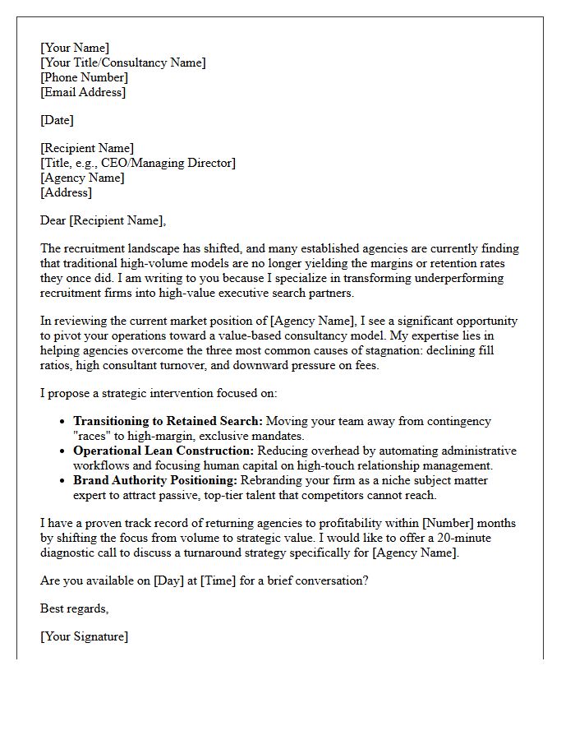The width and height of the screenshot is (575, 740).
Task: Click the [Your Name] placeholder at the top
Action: (x=75, y=48)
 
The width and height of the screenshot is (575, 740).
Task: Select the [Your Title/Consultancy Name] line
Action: (x=123, y=62)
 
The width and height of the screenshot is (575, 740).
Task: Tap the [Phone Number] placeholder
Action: (x=84, y=77)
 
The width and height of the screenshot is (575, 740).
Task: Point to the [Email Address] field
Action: (x=83, y=92)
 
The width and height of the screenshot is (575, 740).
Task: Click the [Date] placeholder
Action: (x=57, y=120)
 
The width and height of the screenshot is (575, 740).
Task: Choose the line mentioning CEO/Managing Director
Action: (x=138, y=163)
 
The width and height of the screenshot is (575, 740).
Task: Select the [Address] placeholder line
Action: (x=66, y=192)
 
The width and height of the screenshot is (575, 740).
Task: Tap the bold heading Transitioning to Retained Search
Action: (x=168, y=421)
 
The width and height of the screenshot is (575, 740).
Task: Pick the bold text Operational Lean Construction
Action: (x=164, y=451)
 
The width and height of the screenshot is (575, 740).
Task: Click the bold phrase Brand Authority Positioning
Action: (x=155, y=480)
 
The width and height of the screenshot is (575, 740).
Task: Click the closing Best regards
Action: (x=74, y=608)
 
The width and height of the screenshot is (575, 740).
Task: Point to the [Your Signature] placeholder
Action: (x=84, y=636)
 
